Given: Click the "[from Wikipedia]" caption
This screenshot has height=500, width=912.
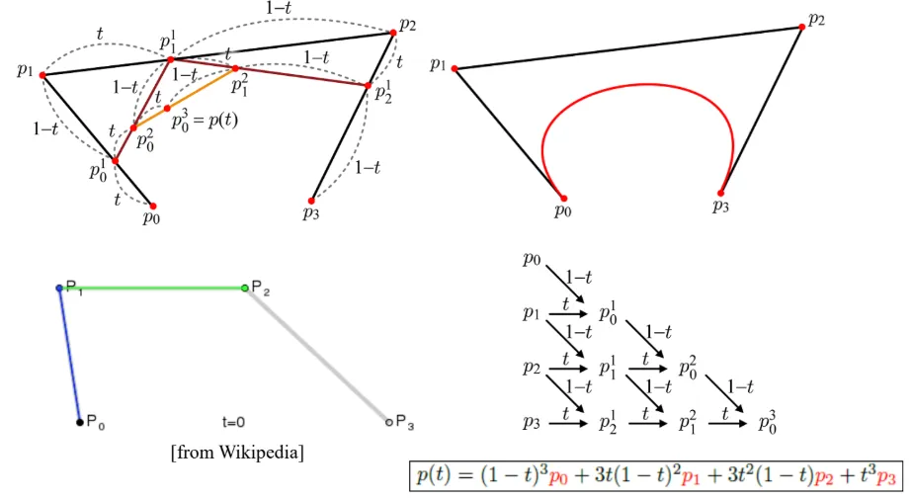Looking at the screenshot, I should pos(237,453).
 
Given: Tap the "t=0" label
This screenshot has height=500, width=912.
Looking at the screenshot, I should pos(233,423).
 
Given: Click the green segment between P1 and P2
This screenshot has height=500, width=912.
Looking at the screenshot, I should pos(152,289).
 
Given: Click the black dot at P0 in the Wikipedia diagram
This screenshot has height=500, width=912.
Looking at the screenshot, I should pos(80,423).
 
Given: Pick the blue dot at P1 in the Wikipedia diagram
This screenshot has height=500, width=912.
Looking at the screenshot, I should pos(59,289).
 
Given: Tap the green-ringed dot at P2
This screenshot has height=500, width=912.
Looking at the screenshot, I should pos(245,289).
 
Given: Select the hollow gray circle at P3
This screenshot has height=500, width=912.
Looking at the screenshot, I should pos(388,423).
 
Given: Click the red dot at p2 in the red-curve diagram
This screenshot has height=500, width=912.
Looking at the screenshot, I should pos(802,27).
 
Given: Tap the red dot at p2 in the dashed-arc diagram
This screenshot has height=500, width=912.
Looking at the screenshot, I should pos(393,33).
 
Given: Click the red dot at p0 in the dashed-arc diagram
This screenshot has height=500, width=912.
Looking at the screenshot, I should pos(152,206).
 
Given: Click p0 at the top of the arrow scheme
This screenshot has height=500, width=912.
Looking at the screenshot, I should pos(533,260).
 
